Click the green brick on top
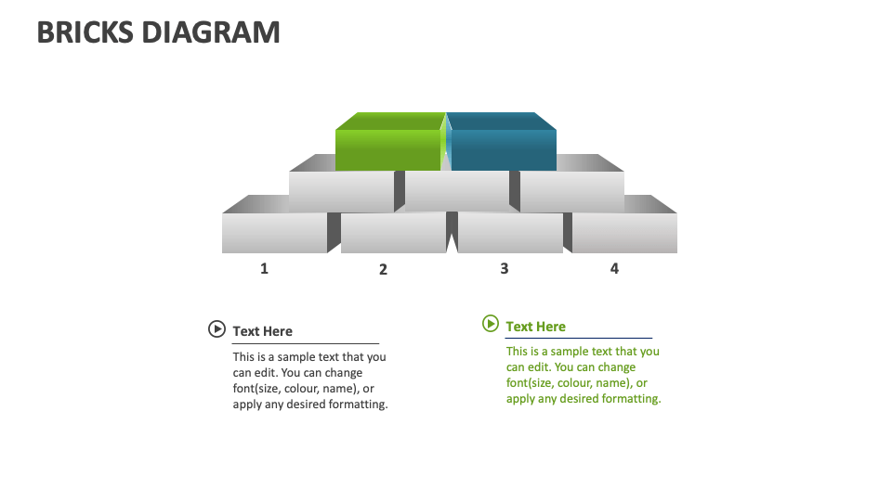388,147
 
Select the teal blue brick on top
503,147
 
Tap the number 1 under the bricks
264,268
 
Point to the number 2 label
383,269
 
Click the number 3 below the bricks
505,268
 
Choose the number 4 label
614,268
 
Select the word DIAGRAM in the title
211,32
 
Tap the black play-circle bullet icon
216,328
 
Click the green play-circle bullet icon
491,323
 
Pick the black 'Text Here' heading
262,331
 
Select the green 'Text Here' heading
535,327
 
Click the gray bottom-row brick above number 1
274,232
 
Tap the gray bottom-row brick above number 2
393,232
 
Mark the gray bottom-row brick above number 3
510,232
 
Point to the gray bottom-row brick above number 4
624,232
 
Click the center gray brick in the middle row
456,192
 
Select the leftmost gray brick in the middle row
341,192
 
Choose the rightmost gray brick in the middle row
571,192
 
